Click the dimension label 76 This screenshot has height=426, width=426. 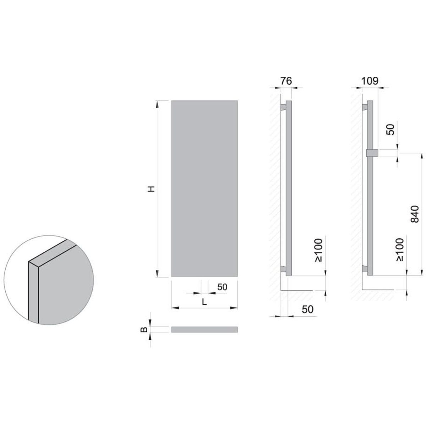coord(286,81)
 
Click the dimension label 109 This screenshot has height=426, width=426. coord(370,81)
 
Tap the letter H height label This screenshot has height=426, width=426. coord(151,189)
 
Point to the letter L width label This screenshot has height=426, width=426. coord(204,302)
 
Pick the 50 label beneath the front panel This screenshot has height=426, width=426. coord(222,287)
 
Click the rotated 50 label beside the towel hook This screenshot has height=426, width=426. coord(390,130)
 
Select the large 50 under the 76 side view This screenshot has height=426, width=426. coord(307,310)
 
